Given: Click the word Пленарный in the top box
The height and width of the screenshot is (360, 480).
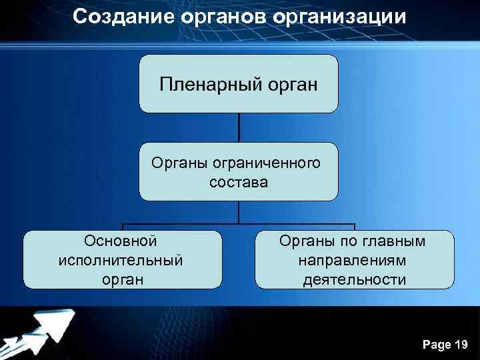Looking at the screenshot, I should [x=213, y=85].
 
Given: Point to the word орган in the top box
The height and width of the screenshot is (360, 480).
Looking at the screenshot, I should [x=291, y=85].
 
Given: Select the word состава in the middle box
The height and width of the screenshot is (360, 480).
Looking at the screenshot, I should [x=238, y=181].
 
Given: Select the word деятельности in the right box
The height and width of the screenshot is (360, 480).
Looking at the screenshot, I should [x=353, y=279].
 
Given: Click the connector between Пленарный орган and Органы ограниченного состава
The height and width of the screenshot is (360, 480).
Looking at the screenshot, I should [x=239, y=127].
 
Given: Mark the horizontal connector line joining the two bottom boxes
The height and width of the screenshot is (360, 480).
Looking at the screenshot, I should [x=238, y=223].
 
